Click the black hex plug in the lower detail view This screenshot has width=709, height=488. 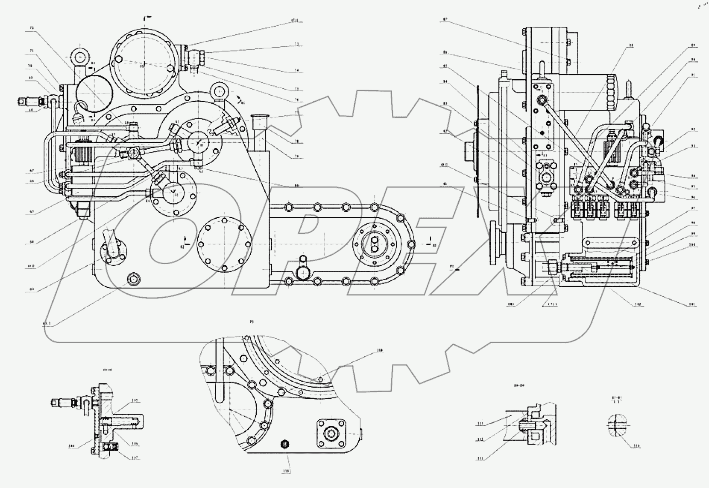[x=285, y=444]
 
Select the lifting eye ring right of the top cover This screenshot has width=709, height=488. [x=219, y=91]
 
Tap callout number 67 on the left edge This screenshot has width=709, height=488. [x=31, y=170]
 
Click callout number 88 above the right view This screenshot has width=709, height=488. [x=631, y=45]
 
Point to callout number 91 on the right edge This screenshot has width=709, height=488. [x=693, y=75]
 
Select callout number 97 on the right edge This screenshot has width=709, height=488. [x=693, y=208]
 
